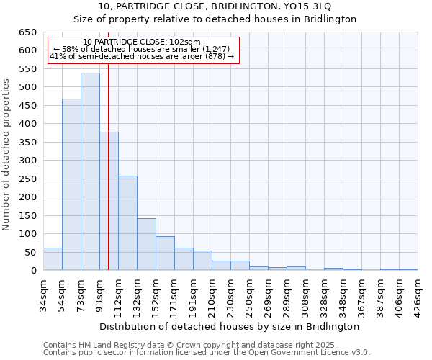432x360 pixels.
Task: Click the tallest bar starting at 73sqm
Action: pyautogui.click(x=90, y=171)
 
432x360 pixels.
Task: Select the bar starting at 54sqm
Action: pyautogui.click(x=71, y=184)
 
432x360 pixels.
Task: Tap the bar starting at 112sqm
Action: pyautogui.click(x=127, y=223)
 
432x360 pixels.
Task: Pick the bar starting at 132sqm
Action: pyautogui.click(x=146, y=244)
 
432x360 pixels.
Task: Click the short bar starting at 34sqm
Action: pyautogui.click(x=53, y=259)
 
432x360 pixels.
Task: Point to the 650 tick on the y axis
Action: pyautogui.click(x=27, y=32)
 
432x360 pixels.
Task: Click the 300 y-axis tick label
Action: pyautogui.click(x=27, y=161)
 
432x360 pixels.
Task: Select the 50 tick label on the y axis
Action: pyautogui.click(x=30, y=253)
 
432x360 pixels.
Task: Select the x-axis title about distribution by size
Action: pyautogui.click(x=230, y=326)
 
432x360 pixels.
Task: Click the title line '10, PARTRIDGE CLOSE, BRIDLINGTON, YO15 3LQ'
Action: pyautogui.click(x=216, y=6)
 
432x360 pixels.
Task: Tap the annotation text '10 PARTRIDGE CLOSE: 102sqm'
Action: pyautogui.click(x=142, y=42)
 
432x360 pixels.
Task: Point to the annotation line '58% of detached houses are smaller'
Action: pyautogui.click(x=142, y=49)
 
